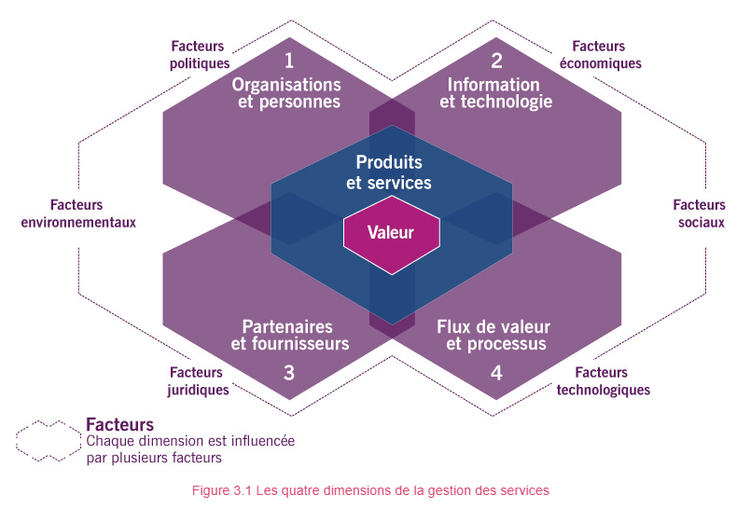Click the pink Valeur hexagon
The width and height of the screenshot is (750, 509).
click(390, 233)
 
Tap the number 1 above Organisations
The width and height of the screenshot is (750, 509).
click(289, 62)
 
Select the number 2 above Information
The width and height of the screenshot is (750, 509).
click(496, 62)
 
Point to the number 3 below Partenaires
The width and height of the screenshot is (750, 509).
click(289, 373)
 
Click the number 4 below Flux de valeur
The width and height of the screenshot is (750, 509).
click(496, 373)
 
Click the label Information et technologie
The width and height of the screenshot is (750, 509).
click(495, 93)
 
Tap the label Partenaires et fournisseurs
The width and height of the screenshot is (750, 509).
click(289, 336)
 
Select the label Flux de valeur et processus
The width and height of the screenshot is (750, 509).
click(494, 336)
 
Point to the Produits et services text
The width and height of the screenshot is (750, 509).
click(389, 172)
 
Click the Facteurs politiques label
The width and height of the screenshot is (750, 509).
click(200, 55)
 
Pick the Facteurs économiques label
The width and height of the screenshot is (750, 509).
click(599, 55)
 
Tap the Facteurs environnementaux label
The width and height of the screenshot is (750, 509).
click(78, 213)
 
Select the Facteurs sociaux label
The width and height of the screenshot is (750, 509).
click(699, 213)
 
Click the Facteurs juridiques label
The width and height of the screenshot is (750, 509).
click(199, 381)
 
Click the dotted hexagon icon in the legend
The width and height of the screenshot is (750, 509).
click(49, 440)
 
